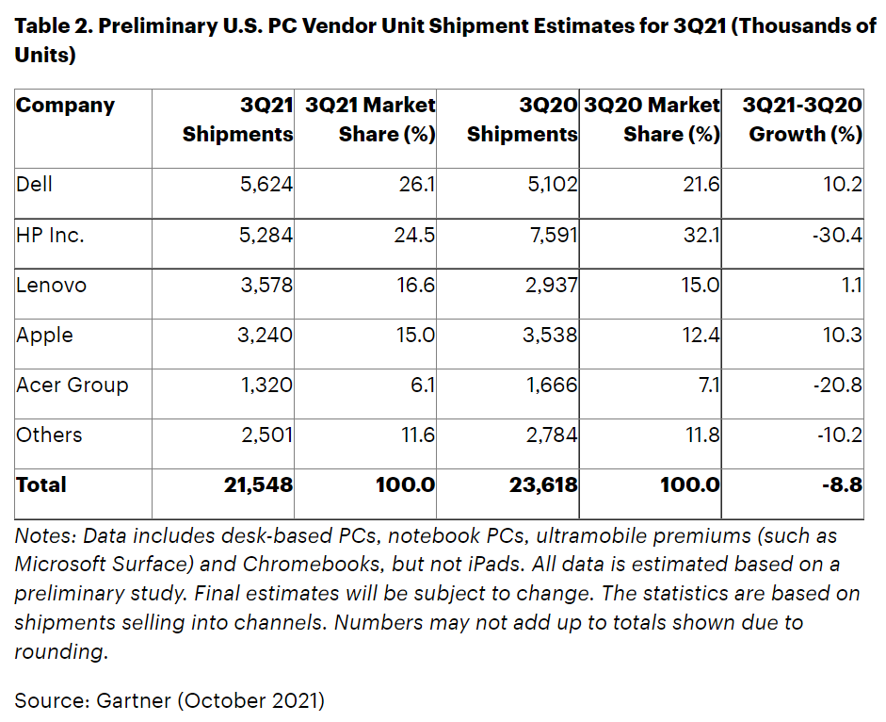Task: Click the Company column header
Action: pos(65,106)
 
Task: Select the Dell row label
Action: pos(34,184)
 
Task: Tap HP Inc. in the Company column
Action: pos(50,235)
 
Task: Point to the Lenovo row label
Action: pos(51,285)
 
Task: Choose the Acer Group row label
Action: pos(72,385)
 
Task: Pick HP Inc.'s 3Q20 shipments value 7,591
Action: pos(551,235)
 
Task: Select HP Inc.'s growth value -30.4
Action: pos(835,235)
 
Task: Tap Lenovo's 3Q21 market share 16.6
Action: pos(415,285)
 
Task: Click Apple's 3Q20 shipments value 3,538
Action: pos(551,335)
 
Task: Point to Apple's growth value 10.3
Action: pos(842,335)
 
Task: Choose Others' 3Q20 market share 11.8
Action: pos(700,435)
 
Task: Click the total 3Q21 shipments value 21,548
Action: pos(257,485)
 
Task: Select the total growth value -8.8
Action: pos(841,485)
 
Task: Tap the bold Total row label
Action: pos(41,485)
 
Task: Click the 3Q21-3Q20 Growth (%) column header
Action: pos(803,119)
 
